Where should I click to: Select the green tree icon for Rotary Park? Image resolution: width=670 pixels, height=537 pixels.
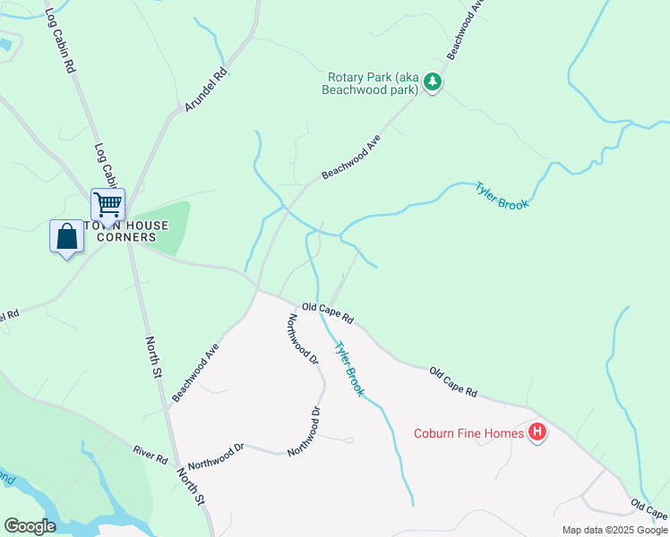pos(434,83)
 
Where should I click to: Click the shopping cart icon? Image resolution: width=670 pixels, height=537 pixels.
pos(107,205)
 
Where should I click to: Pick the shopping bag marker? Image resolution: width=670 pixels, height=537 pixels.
pos(66,237)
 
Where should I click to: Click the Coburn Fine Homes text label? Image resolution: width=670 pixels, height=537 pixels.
pos(468,434)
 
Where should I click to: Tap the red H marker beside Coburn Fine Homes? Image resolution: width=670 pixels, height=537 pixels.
pos(537,434)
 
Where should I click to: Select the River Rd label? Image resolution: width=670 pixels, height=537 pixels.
pos(150,454)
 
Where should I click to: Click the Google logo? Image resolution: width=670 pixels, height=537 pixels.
pos(30,526)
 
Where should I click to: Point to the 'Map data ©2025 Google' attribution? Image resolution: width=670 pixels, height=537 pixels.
pos(615,530)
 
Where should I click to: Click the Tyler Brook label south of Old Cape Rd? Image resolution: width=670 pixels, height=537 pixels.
pos(349,369)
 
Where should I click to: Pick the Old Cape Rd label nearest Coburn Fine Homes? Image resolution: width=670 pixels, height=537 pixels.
pos(453,381)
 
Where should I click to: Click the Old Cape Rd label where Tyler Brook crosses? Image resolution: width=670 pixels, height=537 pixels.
pos(328,312)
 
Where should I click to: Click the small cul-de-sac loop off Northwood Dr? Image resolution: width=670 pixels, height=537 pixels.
pos(348,439)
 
